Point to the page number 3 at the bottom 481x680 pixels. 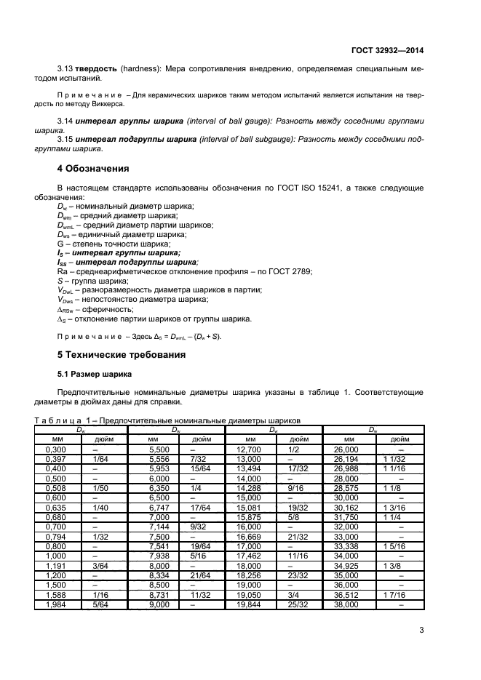coord(421,630)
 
